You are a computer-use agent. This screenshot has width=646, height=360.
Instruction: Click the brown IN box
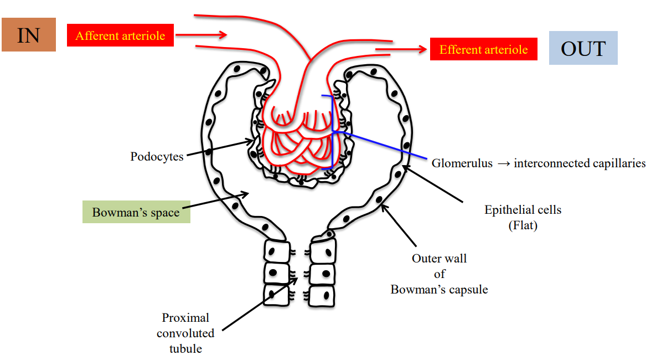point(29,34)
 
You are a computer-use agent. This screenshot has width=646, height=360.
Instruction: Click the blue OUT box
point(583,48)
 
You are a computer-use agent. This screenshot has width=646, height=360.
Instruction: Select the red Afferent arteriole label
point(120,36)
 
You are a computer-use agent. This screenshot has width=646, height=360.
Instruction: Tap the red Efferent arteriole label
point(483,49)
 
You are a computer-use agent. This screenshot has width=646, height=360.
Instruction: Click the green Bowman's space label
point(136,212)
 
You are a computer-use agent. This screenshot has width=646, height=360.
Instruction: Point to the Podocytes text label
point(157,157)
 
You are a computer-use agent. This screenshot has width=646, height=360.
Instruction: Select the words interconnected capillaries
point(580,163)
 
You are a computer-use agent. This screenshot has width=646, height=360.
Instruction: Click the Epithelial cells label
point(523,210)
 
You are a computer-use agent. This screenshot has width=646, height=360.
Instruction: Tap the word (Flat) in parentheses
point(523,225)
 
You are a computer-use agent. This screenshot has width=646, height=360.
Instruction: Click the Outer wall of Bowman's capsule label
point(439,274)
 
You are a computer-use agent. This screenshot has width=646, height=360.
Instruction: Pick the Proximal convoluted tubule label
point(185,333)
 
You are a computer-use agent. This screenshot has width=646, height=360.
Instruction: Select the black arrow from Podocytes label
point(219,149)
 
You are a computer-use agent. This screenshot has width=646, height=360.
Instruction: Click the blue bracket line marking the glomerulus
point(332,132)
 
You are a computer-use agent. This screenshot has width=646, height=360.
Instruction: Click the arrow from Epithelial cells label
point(432,183)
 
